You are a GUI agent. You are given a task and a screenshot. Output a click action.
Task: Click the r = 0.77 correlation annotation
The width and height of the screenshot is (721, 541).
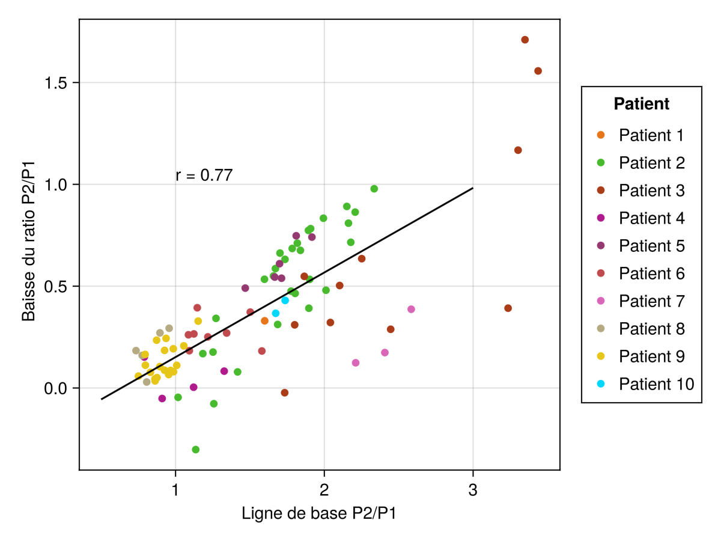[x=204, y=176]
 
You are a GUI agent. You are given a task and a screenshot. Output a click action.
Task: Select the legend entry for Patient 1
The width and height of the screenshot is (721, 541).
[x=651, y=135]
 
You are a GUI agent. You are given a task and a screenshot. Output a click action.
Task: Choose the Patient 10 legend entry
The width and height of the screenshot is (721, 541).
[x=656, y=384]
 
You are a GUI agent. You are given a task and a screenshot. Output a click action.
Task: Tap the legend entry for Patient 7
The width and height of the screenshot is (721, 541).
[x=651, y=301]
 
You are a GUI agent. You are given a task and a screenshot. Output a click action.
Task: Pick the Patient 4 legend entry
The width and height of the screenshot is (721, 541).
[x=651, y=218]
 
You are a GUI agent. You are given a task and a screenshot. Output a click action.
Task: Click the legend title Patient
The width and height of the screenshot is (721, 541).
[x=641, y=104]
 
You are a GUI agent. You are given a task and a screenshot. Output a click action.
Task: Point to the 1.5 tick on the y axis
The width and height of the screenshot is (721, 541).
[x=56, y=82]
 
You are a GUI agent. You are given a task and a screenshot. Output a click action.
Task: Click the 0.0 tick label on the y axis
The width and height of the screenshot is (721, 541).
[x=56, y=388]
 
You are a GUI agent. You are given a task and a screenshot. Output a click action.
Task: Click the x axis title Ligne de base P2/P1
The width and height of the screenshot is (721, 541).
[x=319, y=514]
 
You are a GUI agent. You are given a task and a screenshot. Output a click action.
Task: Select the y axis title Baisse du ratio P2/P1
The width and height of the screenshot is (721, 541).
[x=28, y=243]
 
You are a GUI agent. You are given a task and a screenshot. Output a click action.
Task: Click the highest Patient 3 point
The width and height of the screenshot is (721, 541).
[x=525, y=40]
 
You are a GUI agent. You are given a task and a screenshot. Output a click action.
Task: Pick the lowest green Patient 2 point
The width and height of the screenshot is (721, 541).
[x=195, y=450]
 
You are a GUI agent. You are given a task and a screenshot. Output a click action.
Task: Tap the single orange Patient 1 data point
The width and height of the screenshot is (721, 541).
[x=264, y=321]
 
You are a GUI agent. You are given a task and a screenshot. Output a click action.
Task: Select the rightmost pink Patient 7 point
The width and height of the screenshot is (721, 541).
[x=411, y=309]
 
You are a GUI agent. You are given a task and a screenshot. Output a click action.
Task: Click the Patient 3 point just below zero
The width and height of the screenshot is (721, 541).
[x=285, y=393]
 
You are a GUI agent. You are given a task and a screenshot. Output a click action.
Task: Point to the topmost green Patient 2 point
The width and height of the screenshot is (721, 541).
[x=374, y=189]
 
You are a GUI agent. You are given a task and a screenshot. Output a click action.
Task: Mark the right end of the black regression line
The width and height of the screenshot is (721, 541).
[x=473, y=188]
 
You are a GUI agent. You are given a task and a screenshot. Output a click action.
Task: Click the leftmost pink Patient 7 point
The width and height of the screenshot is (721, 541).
[x=356, y=362]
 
